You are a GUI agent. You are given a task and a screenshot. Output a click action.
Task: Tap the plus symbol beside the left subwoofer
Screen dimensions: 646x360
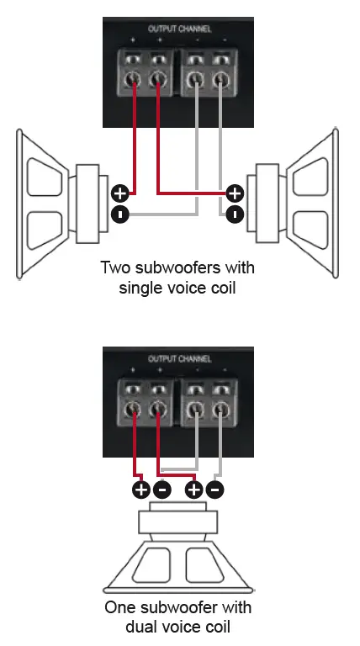point(120,193)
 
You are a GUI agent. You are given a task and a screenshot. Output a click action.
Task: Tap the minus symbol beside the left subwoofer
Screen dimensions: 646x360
point(120,214)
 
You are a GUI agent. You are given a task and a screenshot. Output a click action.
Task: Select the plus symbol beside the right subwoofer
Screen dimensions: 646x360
point(236,193)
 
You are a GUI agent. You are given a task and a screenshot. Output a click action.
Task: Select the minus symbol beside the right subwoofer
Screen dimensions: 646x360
point(236,214)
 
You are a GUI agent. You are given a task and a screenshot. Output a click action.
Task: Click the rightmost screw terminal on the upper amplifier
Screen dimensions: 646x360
point(221,82)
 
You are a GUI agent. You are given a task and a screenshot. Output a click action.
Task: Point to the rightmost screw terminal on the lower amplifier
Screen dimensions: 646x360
point(221,411)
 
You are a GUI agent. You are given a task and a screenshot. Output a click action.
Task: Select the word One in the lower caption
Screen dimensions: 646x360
point(119,606)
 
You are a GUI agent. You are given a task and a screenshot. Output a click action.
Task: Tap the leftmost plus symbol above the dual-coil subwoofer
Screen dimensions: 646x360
point(140,489)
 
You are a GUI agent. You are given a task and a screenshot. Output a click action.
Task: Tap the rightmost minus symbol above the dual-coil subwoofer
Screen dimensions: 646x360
point(216,489)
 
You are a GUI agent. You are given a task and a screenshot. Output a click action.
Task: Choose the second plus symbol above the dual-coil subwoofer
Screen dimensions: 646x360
point(195,489)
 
